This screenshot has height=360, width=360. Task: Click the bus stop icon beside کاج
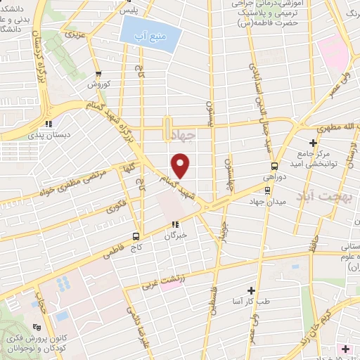(136, 236)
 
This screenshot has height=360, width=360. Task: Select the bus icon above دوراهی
(275, 167)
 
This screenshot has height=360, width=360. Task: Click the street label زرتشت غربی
(164, 282)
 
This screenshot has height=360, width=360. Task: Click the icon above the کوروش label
(98, 72)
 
